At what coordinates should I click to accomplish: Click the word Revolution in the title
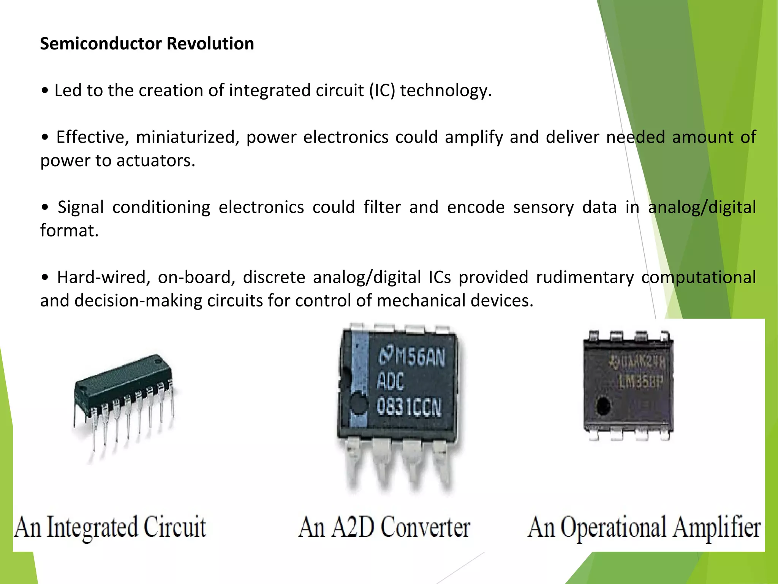coord(210,44)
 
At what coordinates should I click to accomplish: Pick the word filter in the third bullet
coord(382,208)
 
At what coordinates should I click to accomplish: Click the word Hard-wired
coord(101,278)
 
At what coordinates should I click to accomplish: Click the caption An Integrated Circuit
coord(110,527)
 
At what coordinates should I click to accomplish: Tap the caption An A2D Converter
coord(384,527)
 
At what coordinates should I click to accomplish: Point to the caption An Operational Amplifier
coord(644,527)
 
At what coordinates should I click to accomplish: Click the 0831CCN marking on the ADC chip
coord(409,407)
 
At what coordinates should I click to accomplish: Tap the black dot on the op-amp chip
coord(603,406)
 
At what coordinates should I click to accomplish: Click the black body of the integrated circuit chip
coord(122,376)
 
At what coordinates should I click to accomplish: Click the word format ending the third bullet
coord(69,231)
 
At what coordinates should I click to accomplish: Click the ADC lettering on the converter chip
coord(390,381)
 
